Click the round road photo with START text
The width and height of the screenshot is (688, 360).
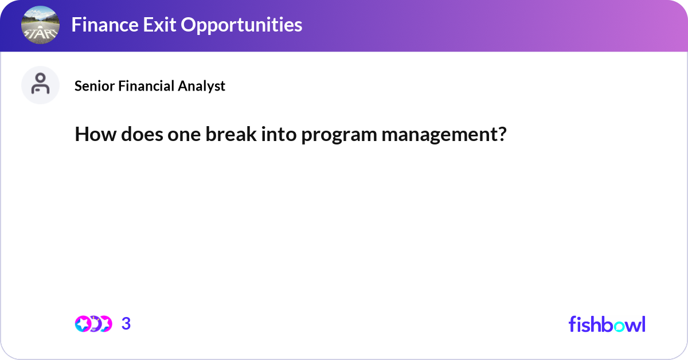[40, 25]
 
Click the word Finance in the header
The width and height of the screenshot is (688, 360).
[104, 25]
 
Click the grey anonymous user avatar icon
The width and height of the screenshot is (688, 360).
[40, 85]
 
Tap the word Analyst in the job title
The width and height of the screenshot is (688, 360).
[201, 87]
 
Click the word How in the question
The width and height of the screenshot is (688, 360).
[96, 134]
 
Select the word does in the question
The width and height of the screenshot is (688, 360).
[142, 134]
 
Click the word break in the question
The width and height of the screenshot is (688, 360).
[231, 134]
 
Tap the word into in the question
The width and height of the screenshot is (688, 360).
[279, 134]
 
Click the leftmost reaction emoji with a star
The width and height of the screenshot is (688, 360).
[83, 324]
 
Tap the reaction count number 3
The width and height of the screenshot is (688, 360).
[126, 323]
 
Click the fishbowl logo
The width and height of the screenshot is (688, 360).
[607, 324]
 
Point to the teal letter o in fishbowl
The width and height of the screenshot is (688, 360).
[619, 326]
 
